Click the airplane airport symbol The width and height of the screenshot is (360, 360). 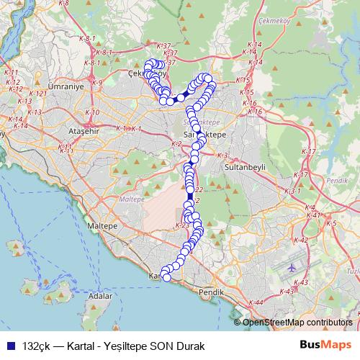coord(291,267)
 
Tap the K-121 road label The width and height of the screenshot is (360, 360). coord(39,94)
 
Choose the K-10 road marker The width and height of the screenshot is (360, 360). coord(92,112)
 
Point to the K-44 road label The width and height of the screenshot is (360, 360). coord(256,302)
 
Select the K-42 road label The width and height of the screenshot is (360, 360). coord(301,240)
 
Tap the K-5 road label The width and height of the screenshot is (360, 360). coord(332,224)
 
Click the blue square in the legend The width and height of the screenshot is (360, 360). coord(10,344)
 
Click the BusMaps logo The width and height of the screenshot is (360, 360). coord(325,343)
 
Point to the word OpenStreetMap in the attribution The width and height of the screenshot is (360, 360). coord(273,323)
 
